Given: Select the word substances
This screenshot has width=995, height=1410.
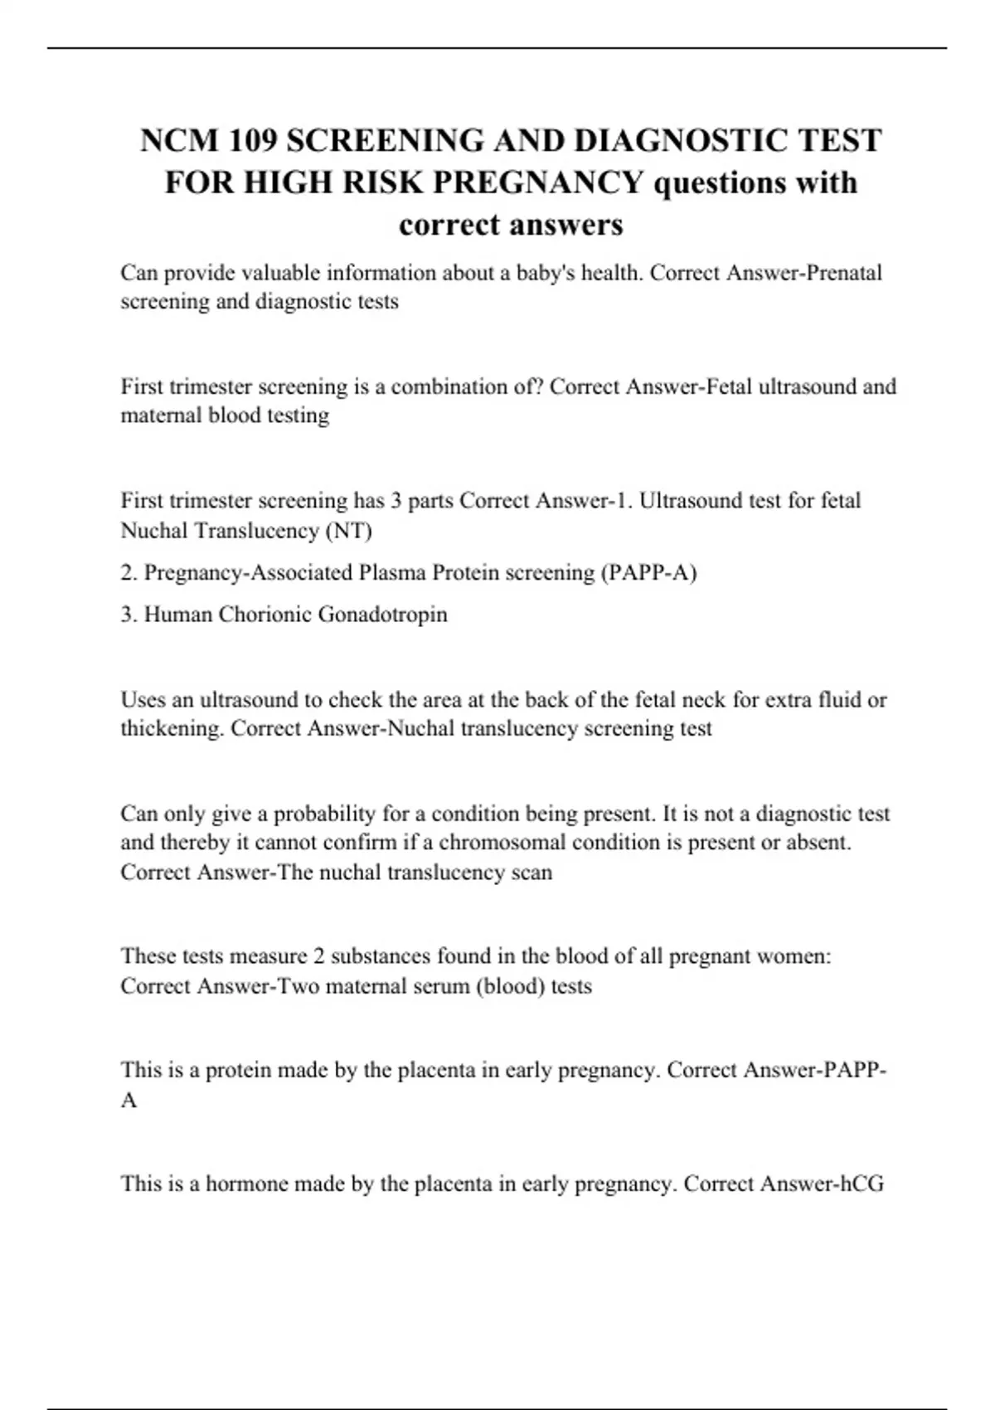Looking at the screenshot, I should (x=383, y=956).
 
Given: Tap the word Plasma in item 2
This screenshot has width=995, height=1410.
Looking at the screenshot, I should (x=391, y=572).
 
